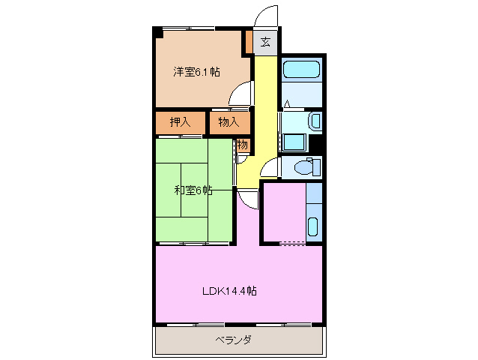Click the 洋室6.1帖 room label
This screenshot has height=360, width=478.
pyautogui.click(x=197, y=72)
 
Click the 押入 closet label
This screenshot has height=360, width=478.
pyautogui.click(x=180, y=122)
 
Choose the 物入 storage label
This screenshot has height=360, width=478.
pyautogui.click(x=229, y=122)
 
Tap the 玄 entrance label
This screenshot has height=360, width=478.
pyautogui.click(x=266, y=41)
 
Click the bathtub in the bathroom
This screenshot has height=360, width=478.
pyautogui.click(x=303, y=71)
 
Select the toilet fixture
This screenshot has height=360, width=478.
pyautogui.click(x=306, y=167)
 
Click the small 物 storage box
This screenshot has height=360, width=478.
pyautogui.click(x=243, y=146)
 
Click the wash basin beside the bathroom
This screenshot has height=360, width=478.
pyautogui.click(x=315, y=121)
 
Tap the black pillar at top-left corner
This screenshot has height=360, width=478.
pyautogui.click(x=157, y=32)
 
